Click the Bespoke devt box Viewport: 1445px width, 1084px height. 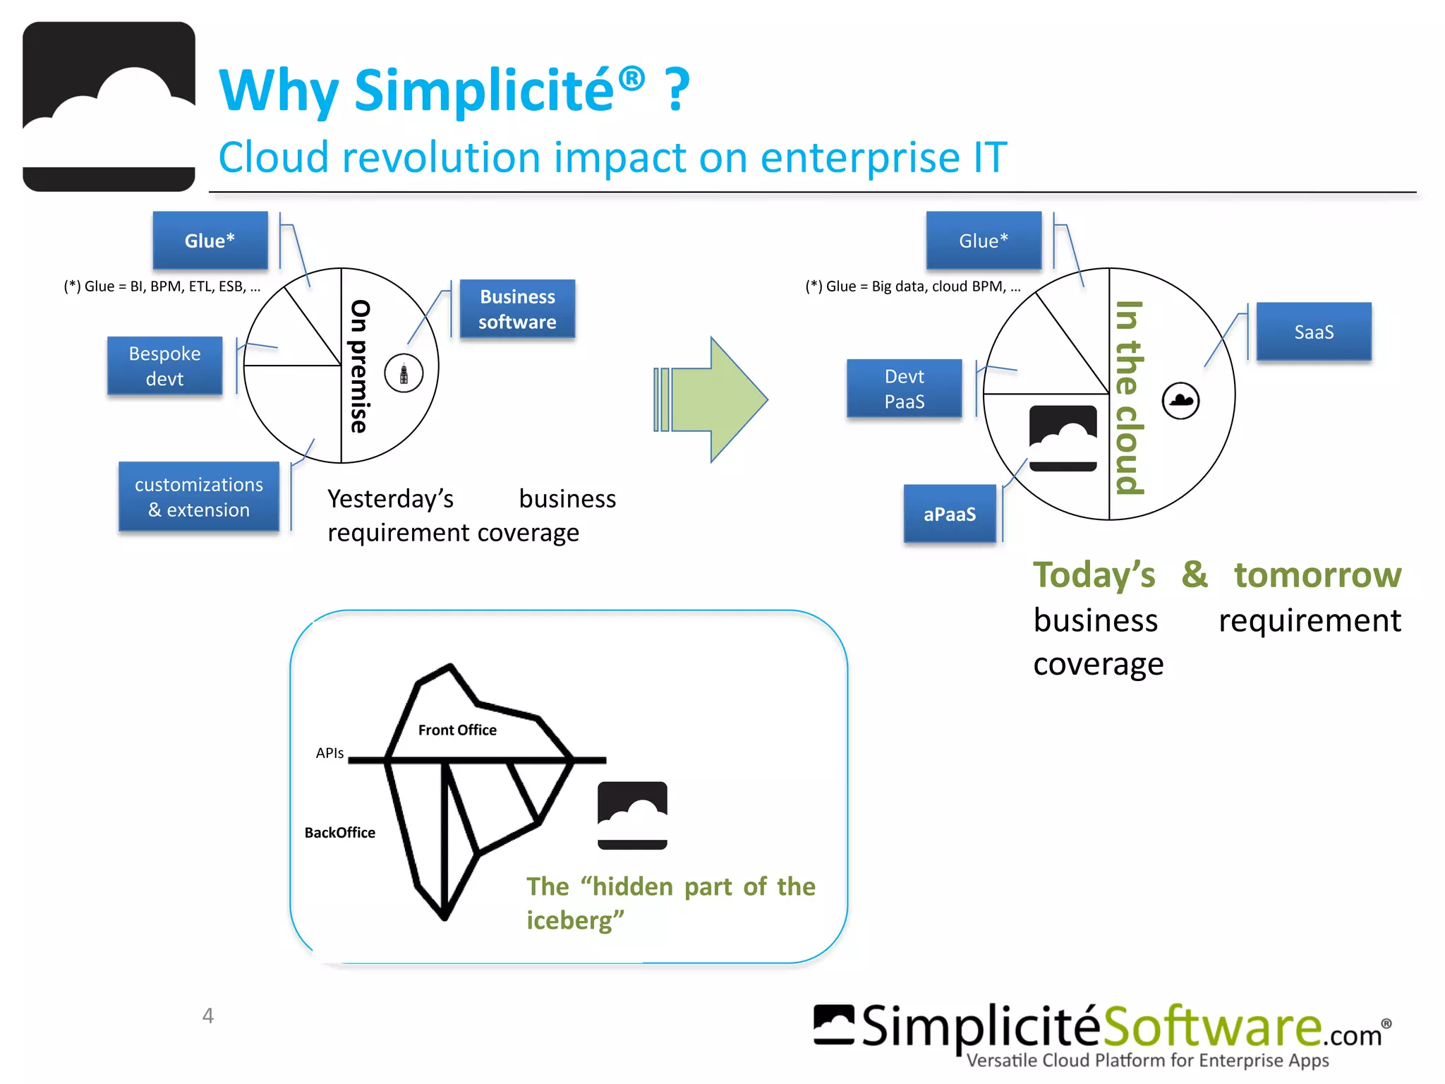[x=164, y=366]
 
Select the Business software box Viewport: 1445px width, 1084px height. [x=517, y=309]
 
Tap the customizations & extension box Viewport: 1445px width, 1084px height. [x=199, y=497]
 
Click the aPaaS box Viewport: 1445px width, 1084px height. [x=950, y=514]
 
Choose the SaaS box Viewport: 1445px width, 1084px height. [x=1313, y=332]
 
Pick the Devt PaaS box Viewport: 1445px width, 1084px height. [x=904, y=389]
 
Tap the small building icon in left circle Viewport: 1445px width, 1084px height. [x=404, y=373]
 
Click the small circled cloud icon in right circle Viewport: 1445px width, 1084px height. [x=1180, y=401]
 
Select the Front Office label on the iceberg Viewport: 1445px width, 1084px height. [x=457, y=730]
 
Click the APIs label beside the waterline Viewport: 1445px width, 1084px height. [x=329, y=753]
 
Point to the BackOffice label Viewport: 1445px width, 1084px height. [x=339, y=833]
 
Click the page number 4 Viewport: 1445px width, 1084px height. [x=207, y=1016]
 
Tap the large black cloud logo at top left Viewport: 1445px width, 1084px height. [x=109, y=107]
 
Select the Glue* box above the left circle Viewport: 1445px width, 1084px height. [x=210, y=241]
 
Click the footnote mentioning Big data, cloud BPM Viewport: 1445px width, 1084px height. [x=912, y=287]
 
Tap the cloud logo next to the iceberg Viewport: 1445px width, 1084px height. [x=632, y=815]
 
